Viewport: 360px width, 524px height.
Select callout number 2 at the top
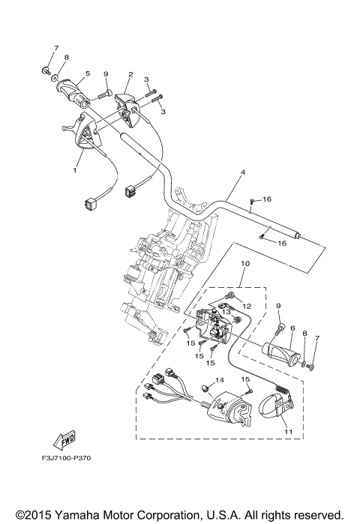pos(130,74)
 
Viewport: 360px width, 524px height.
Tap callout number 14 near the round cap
pos(220,381)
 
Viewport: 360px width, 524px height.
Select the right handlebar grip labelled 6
pos(284,352)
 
